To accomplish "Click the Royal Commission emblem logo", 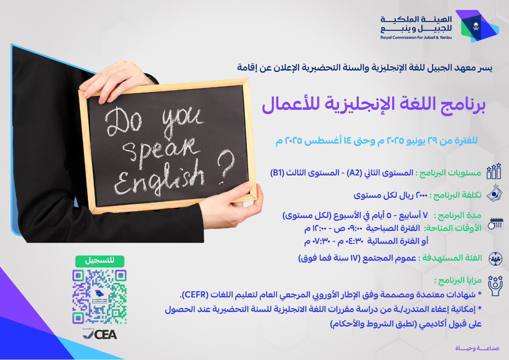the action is click(x=477, y=26).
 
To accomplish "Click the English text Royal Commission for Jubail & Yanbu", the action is click(x=416, y=37).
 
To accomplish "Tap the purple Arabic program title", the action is click(x=373, y=105).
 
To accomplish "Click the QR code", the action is click(x=99, y=297).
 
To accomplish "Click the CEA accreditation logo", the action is click(x=100, y=334).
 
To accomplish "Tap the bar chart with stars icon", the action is click(x=493, y=171).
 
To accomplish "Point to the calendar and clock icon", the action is click(x=495, y=224).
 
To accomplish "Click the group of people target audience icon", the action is click(x=495, y=259).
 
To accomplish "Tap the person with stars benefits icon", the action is click(x=495, y=286).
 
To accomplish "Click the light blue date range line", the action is click(x=377, y=141).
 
